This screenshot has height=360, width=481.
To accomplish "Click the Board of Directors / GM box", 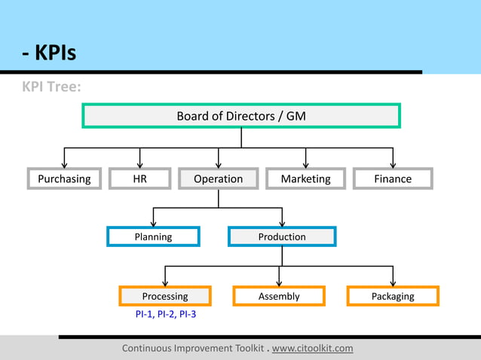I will (x=241, y=116).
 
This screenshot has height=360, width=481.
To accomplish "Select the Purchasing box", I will (x=64, y=178).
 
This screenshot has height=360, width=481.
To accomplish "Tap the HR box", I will (x=139, y=178).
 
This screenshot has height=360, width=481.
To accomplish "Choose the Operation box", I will (x=218, y=178).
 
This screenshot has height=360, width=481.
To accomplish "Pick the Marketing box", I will (x=305, y=178).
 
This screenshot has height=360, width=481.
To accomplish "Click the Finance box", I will (x=393, y=178).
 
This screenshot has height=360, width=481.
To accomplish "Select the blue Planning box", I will (x=153, y=236).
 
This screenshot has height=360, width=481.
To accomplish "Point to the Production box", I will (x=282, y=236).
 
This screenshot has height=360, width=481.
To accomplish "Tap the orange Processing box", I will (x=165, y=296).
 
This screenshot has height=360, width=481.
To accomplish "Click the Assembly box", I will (x=279, y=296).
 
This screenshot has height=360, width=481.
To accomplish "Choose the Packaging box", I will (x=393, y=296).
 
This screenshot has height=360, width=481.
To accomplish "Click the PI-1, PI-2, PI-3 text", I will (x=165, y=313).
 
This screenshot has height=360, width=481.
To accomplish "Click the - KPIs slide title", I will (x=48, y=54).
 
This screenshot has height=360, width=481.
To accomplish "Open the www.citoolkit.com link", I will (x=312, y=348).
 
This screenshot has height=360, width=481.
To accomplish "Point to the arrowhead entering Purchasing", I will (x=64, y=163).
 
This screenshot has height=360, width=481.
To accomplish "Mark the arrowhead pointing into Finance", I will (x=393, y=163).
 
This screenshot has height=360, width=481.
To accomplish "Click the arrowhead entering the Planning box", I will (x=153, y=222).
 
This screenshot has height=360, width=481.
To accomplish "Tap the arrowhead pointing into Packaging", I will (x=393, y=282).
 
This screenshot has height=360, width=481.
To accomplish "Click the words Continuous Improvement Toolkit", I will (x=193, y=348).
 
